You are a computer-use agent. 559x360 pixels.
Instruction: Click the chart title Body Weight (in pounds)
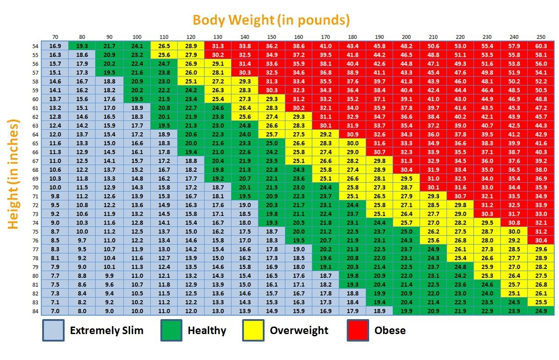pyautogui.click(x=271, y=20)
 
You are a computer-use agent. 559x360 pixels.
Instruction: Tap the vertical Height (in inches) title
pyautogui.click(x=14, y=174)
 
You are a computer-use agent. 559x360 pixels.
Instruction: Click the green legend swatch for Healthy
pyautogui.click(x=172, y=331)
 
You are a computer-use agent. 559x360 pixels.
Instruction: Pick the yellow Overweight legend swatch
pyautogui.click(x=253, y=331)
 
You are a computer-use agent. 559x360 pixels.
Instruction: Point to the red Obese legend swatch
pyautogui.click(x=358, y=331)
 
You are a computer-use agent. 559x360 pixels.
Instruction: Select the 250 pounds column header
pyautogui.click(x=541, y=37)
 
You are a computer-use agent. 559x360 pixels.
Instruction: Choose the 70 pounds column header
pyautogui.click(x=55, y=37)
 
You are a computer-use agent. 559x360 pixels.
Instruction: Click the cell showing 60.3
pyautogui.click(x=541, y=46)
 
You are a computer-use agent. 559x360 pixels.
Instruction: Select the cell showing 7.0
pyautogui.click(x=55, y=311)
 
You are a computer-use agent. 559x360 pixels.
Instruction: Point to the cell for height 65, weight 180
pyautogui.click(x=352, y=143)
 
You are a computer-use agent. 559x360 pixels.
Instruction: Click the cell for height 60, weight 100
pyautogui.click(x=137, y=99)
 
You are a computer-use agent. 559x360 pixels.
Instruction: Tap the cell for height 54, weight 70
pyautogui.click(x=55, y=46)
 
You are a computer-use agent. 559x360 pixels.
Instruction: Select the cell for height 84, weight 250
pyautogui.click(x=541, y=311)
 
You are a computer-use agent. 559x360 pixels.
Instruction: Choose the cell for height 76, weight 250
pyautogui.click(x=541, y=240)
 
